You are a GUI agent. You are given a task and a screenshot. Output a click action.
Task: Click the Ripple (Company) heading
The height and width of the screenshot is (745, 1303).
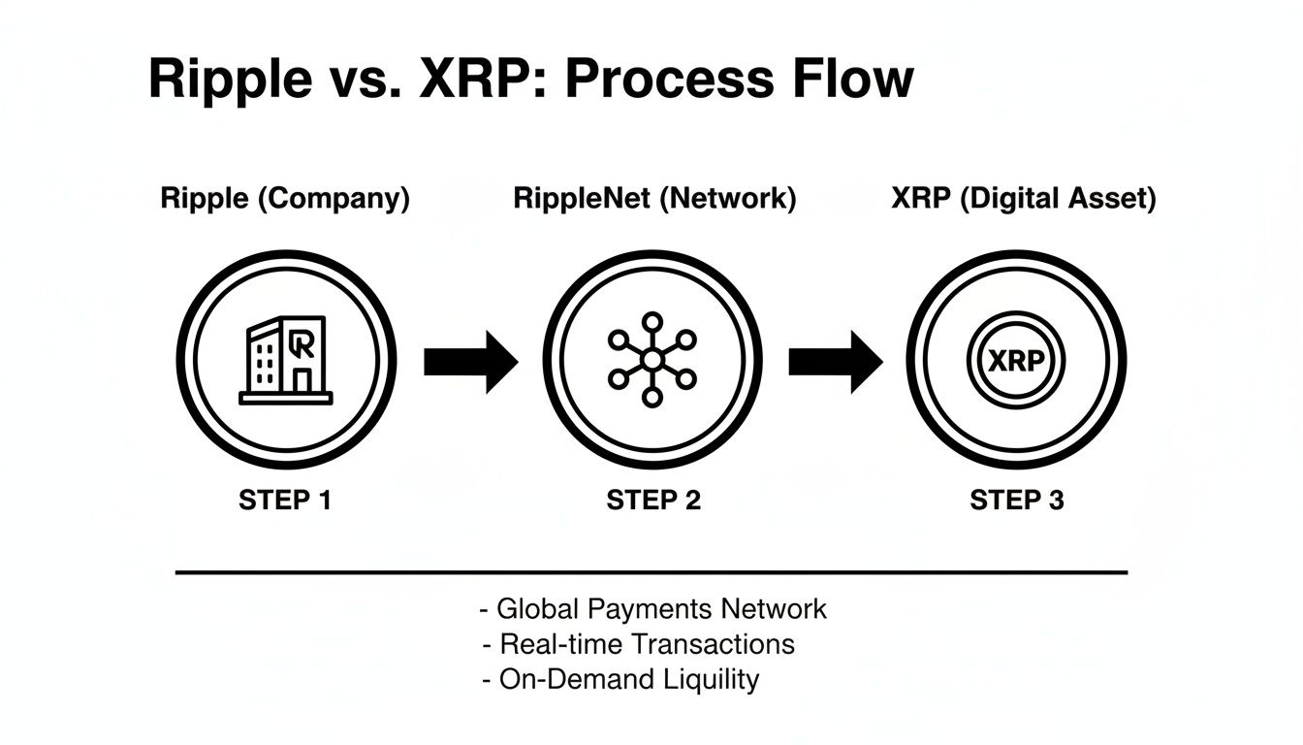coord(285,200)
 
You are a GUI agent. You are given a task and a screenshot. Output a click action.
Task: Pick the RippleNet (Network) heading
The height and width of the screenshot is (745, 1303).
coord(654,200)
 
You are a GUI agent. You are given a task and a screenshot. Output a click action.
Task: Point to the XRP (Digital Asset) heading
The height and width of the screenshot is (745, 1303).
coord(1023,200)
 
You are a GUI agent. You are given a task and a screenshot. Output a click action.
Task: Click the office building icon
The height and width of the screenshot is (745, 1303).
coord(285,360)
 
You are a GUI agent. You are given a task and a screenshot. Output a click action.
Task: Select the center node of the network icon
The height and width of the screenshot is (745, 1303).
coord(652,360)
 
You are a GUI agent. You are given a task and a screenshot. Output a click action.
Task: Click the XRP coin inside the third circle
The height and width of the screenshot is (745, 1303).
coord(1016,361)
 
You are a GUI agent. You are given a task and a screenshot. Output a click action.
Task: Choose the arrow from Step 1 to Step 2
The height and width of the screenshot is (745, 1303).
coord(470,362)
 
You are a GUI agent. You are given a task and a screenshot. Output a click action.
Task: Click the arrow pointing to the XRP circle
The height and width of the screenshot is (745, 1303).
coord(835,362)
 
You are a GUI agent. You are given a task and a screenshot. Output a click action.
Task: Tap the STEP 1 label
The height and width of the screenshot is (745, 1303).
coord(285,501)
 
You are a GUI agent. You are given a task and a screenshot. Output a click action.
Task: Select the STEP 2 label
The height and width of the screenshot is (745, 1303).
coord(653,501)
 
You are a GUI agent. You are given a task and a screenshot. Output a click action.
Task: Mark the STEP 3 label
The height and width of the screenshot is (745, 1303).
coord(1017,501)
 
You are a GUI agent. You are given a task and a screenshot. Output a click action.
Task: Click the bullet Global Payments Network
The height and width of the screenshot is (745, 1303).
coord(653,609)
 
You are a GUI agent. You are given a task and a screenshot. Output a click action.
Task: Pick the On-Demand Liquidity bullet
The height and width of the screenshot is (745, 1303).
coord(620,679)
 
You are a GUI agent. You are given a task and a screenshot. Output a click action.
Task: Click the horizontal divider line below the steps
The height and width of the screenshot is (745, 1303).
coord(651,572)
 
